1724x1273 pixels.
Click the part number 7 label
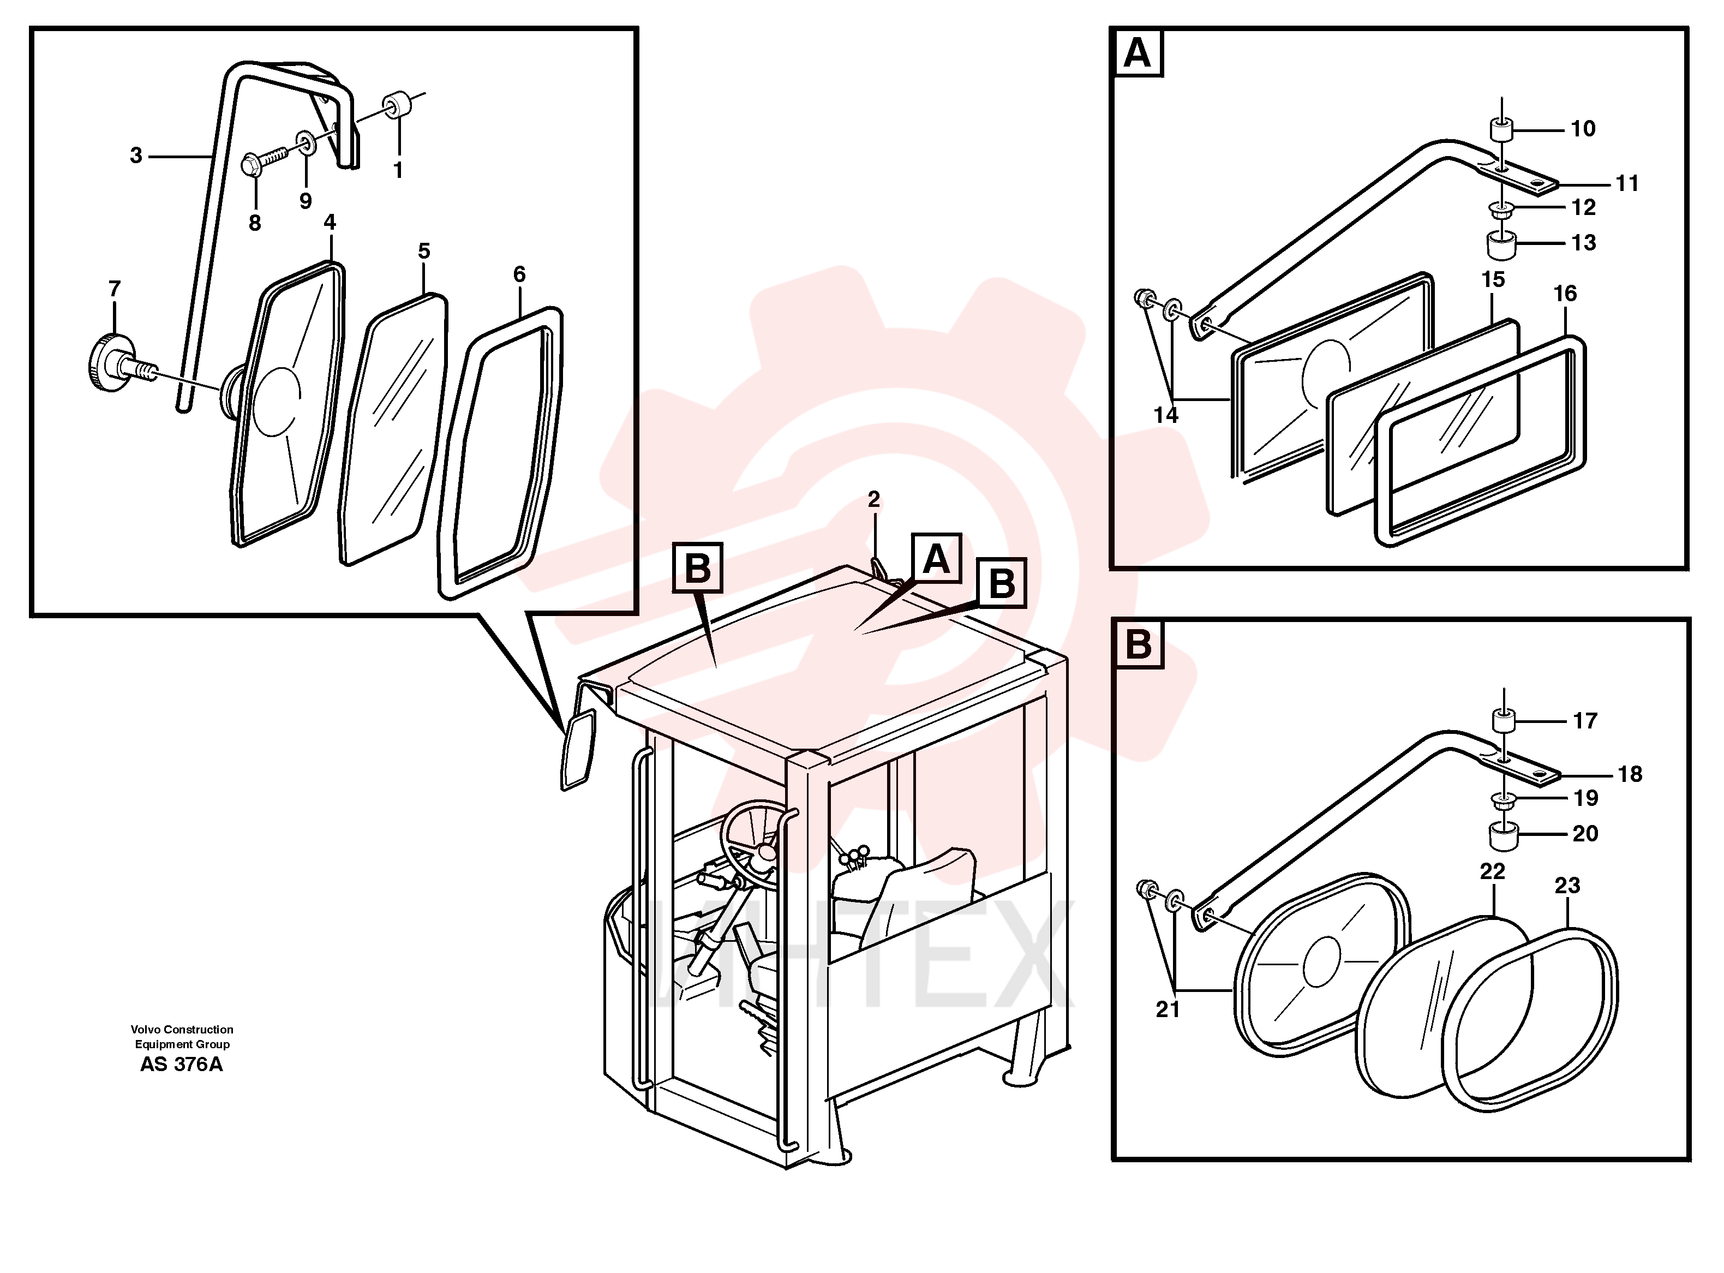pyautogui.click(x=115, y=289)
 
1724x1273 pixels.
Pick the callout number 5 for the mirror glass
pyautogui.click(x=424, y=251)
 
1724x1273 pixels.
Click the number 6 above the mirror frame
pyautogui.click(x=519, y=274)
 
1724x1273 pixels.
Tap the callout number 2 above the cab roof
pyautogui.click(x=873, y=499)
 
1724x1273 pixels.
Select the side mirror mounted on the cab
pyautogui.click(x=578, y=749)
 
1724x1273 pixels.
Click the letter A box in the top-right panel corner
pyautogui.click(x=1137, y=53)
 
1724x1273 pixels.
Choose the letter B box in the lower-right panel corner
pyautogui.click(x=1139, y=643)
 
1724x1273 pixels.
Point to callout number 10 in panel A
pyautogui.click(x=1583, y=129)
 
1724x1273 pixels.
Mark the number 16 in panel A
pyautogui.click(x=1565, y=294)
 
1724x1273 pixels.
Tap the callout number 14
pyautogui.click(x=1165, y=415)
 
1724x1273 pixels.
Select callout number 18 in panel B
pyautogui.click(x=1630, y=774)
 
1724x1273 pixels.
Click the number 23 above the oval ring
pyautogui.click(x=1567, y=886)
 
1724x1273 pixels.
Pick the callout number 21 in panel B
pyautogui.click(x=1168, y=1009)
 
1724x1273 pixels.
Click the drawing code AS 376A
pyautogui.click(x=182, y=1064)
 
